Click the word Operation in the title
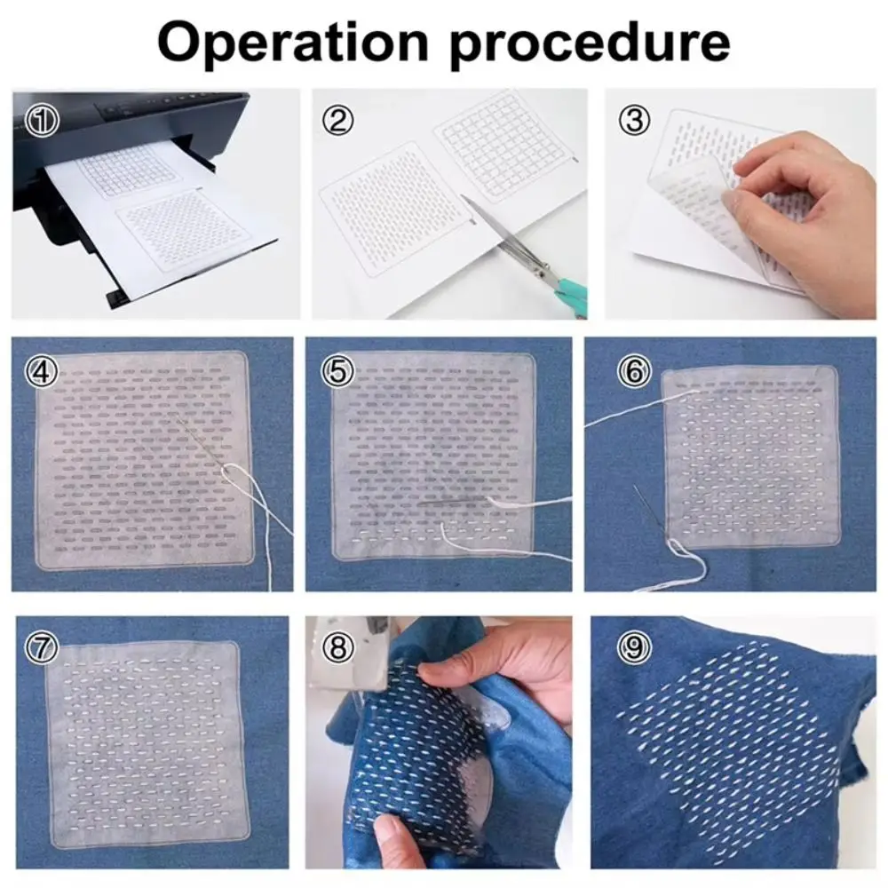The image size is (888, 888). pos(293,43)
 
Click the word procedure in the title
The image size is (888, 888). pos(590,43)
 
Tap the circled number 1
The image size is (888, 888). pos(42,121)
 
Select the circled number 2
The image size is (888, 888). pos(337,121)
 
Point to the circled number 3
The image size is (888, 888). pos(634,121)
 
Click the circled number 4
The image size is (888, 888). pos(42,371)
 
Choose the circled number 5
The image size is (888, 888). pos(337,371)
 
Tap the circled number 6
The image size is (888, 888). pos(634,371)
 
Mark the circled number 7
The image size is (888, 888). pos(42,647)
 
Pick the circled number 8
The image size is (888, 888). pos(337,647)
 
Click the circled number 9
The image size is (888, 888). pos(634,647)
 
